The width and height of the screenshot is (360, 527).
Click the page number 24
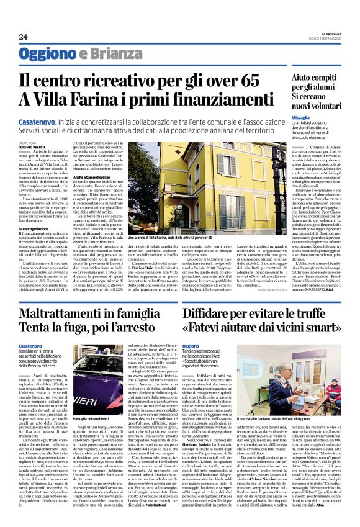click(x=24, y=37)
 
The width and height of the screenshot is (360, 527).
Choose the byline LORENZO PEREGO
click(x=31, y=146)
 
